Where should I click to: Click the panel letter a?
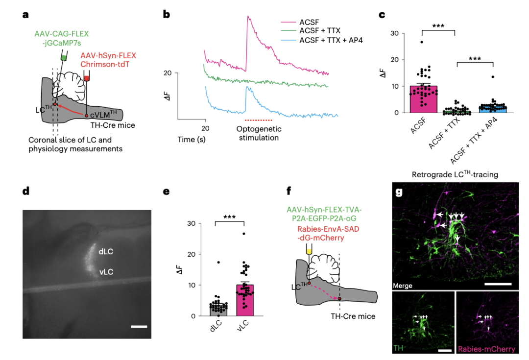(25, 15)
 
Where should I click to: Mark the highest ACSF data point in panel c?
(421, 42)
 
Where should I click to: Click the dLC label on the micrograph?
(106, 251)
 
